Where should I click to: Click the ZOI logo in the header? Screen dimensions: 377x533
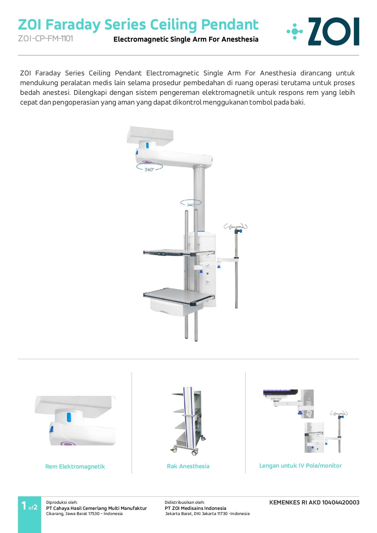323,31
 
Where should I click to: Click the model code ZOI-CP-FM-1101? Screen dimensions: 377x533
46,39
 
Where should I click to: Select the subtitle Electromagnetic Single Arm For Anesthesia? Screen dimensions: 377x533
186,39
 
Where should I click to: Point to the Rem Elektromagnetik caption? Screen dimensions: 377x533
75,466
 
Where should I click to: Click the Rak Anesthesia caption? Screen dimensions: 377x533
188,466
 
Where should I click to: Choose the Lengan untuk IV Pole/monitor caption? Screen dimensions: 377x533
300,466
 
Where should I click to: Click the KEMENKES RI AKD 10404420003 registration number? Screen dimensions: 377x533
314,502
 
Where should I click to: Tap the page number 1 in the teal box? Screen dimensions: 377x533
24,506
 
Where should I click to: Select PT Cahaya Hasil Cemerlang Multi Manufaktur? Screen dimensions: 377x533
96,508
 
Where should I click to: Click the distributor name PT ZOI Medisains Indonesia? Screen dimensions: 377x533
195,508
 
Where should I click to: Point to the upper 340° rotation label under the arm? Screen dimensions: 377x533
149,170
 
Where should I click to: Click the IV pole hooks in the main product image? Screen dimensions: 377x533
236,227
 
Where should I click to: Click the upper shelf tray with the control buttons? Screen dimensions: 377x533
178,253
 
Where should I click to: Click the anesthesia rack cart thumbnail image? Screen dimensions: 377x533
188,421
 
